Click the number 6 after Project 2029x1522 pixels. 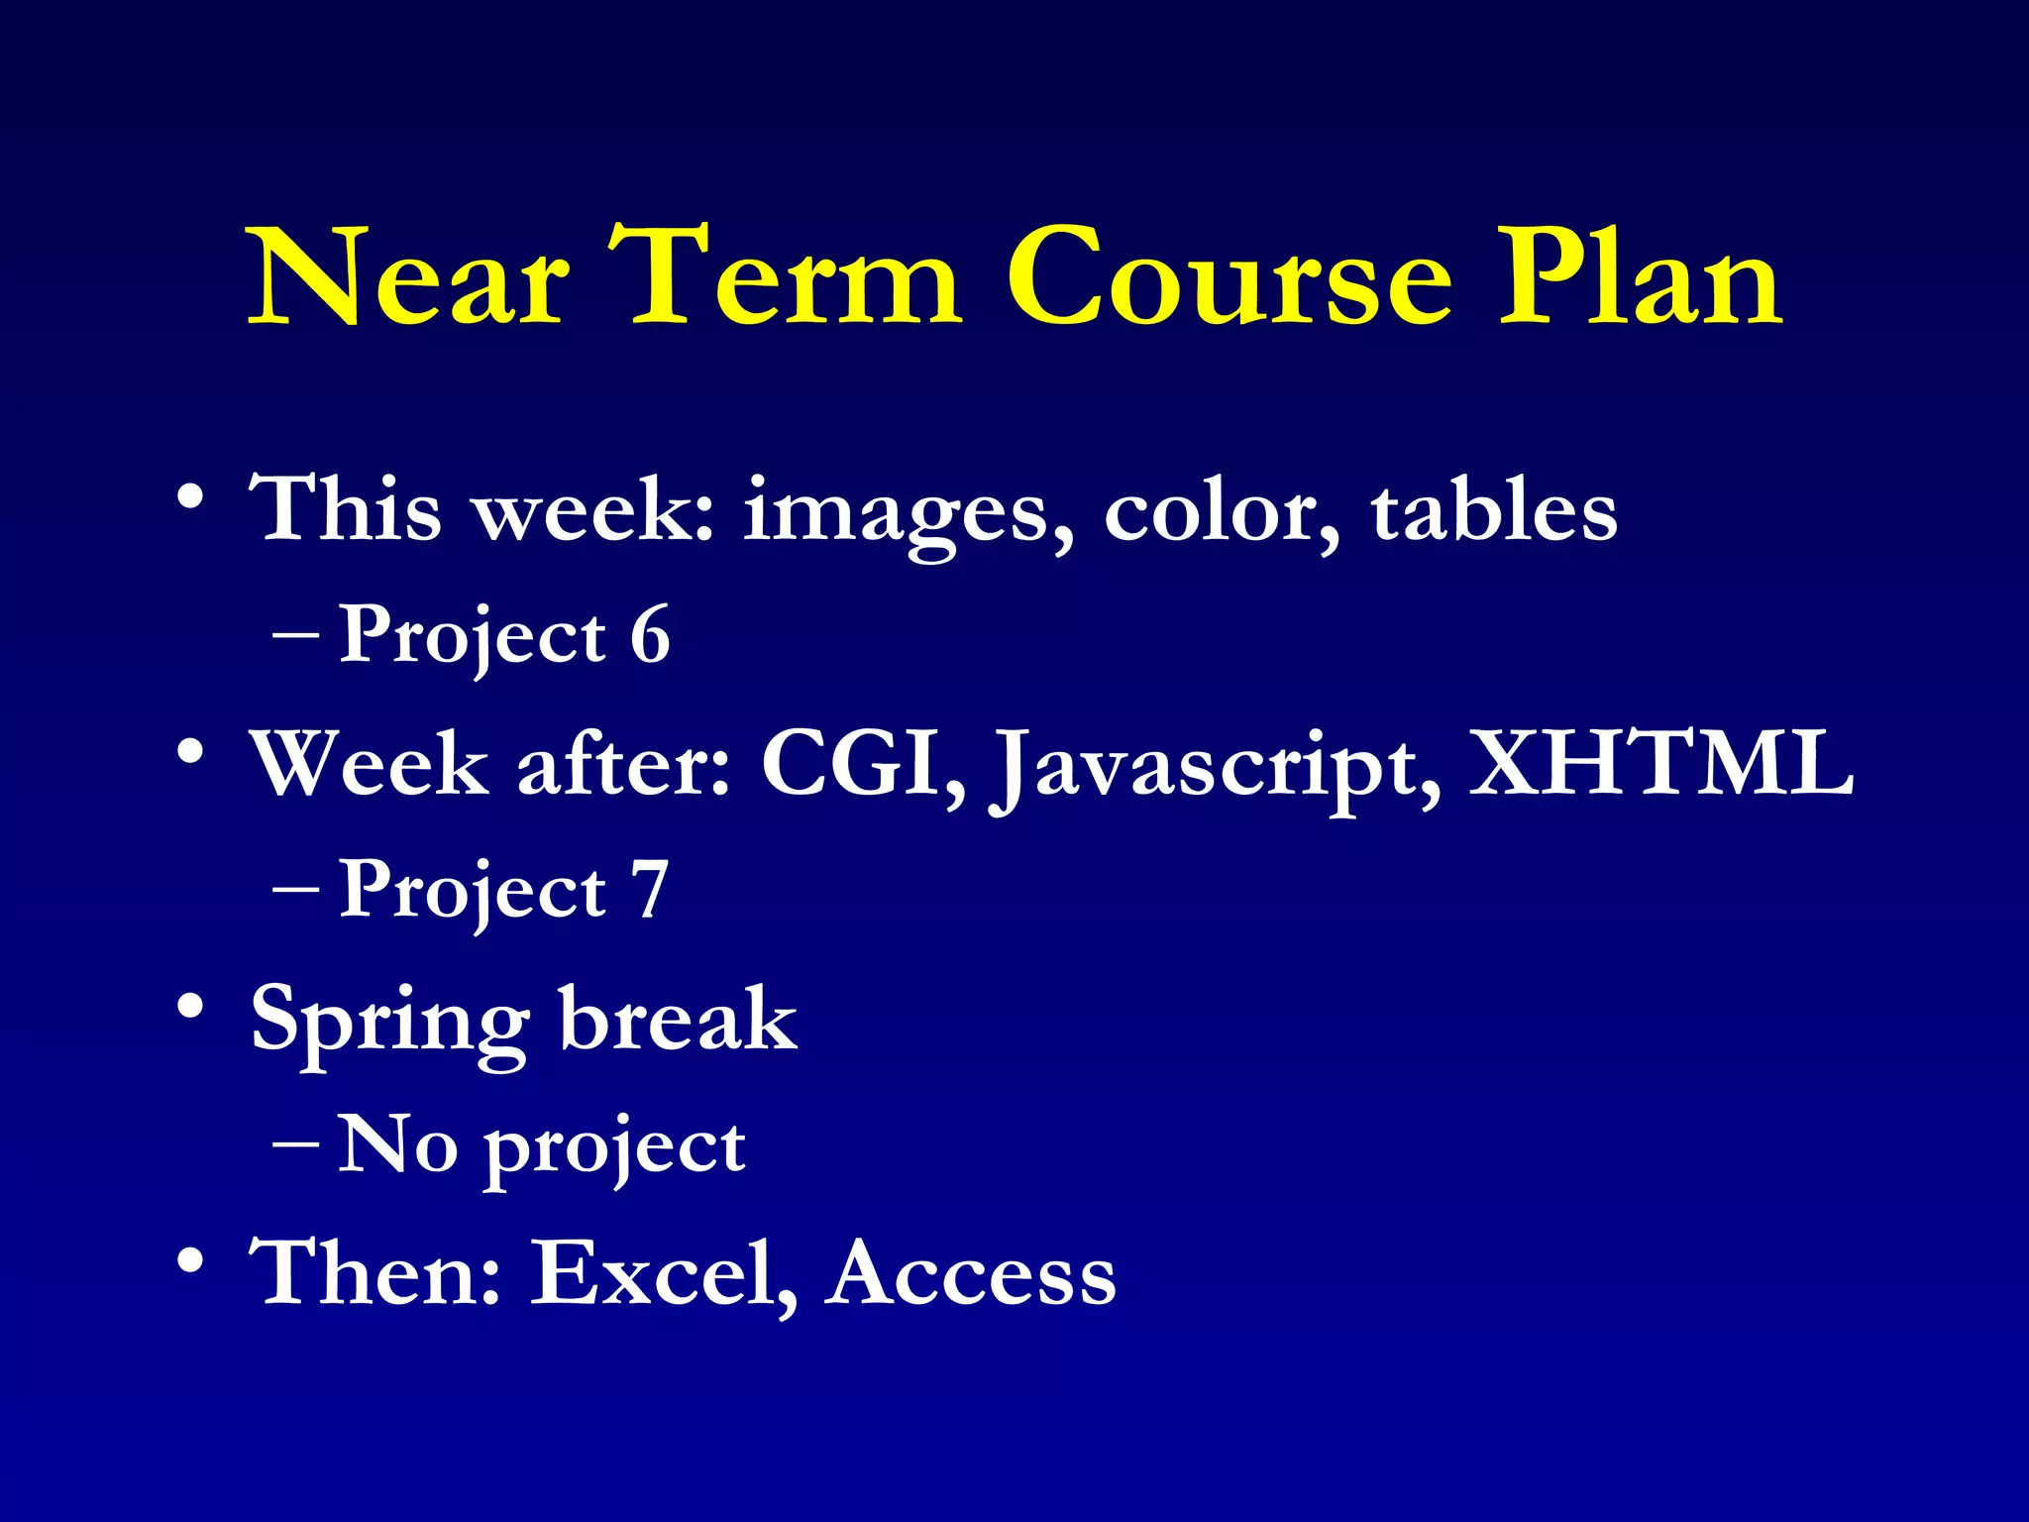[651, 634]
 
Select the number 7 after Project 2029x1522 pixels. [651, 890]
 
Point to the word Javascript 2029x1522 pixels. [1215, 768]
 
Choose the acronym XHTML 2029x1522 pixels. [1660, 763]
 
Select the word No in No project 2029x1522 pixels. [397, 1144]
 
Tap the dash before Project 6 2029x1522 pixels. [295, 634]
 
